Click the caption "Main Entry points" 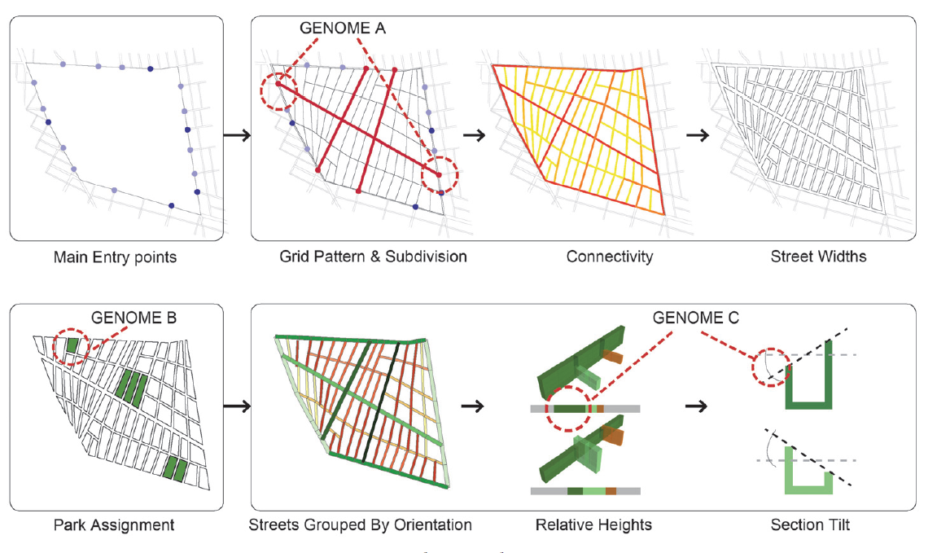coord(115,257)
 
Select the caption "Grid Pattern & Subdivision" coord(374,257)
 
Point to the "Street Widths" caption coord(818,257)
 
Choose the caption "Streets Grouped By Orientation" coord(360,524)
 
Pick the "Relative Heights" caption coord(593,524)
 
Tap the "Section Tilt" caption coord(810,524)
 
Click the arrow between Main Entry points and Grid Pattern coord(236,135)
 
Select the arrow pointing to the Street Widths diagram coord(695,135)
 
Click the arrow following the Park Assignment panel coord(236,404)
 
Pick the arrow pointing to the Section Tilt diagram coord(695,404)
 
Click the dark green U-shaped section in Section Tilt coord(810,391)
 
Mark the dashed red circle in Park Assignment coord(69,348)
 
